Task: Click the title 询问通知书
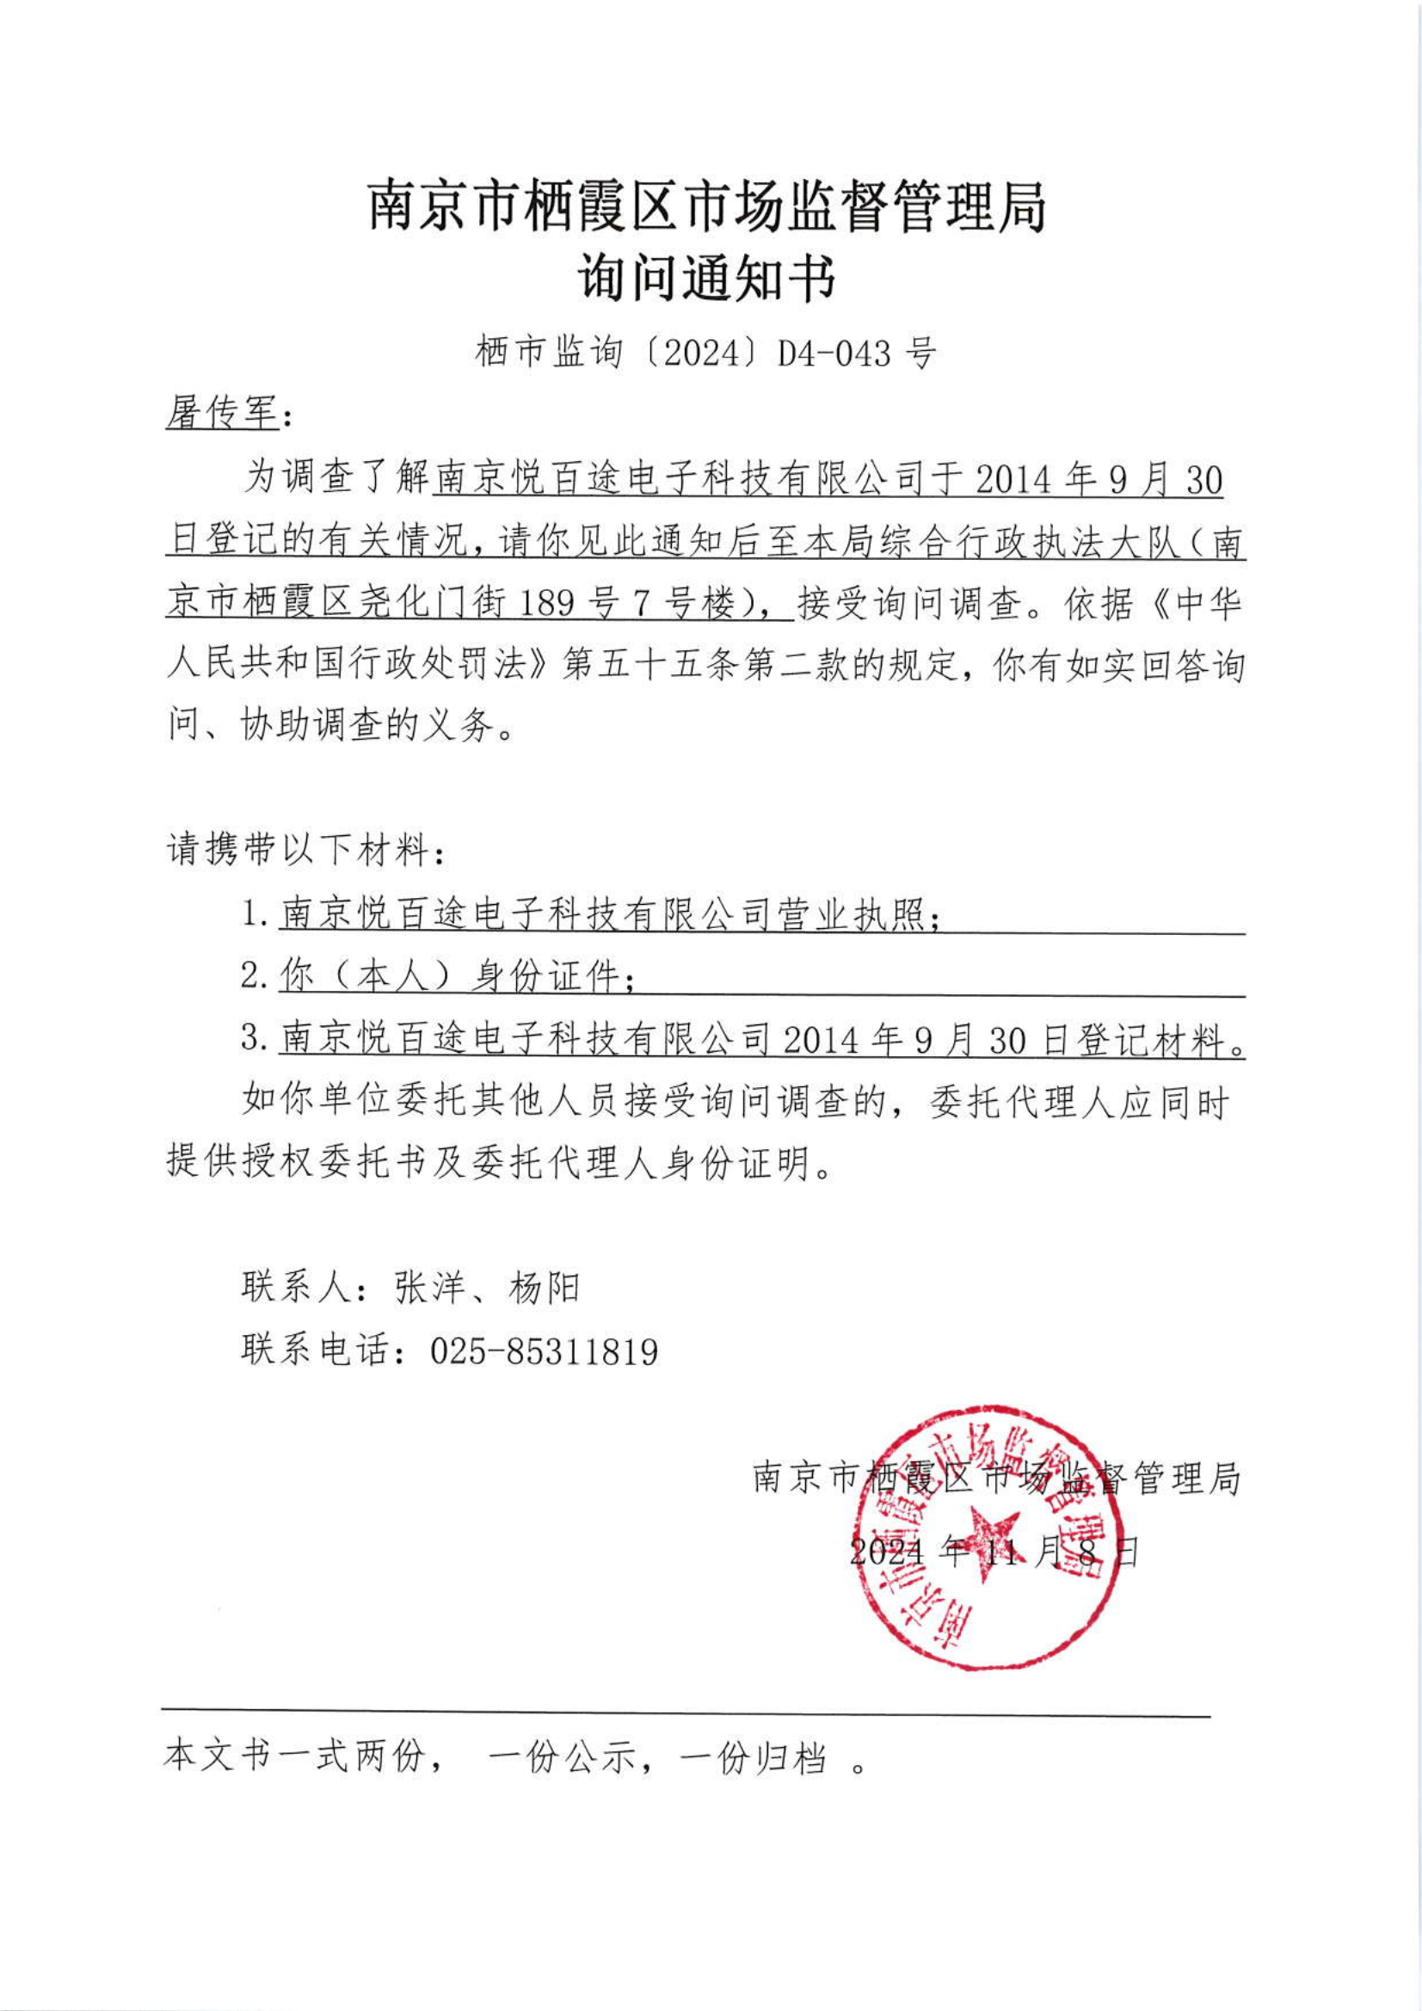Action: pyautogui.click(x=708, y=280)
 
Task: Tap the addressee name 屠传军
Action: pyautogui.click(x=222, y=413)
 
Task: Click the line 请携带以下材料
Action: pyautogui.click(x=305, y=851)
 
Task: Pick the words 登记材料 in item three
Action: pyautogui.click(x=1149, y=1040)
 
